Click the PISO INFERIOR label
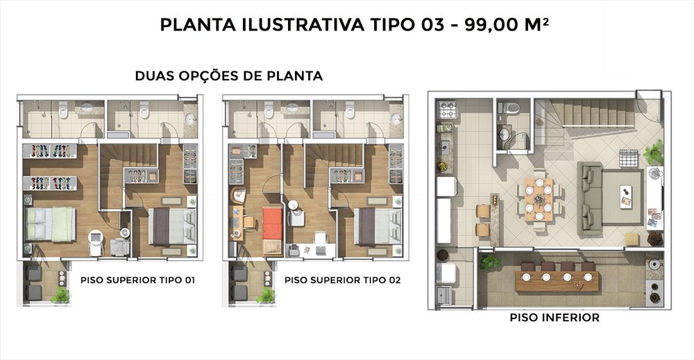(x=554, y=318)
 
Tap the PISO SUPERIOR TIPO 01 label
(x=137, y=280)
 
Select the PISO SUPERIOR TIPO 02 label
(x=343, y=280)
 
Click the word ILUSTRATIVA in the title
(x=303, y=25)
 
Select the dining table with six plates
(x=539, y=199)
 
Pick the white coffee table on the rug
(x=626, y=197)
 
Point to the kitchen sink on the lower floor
(x=445, y=146)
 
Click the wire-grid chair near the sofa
(x=629, y=159)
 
